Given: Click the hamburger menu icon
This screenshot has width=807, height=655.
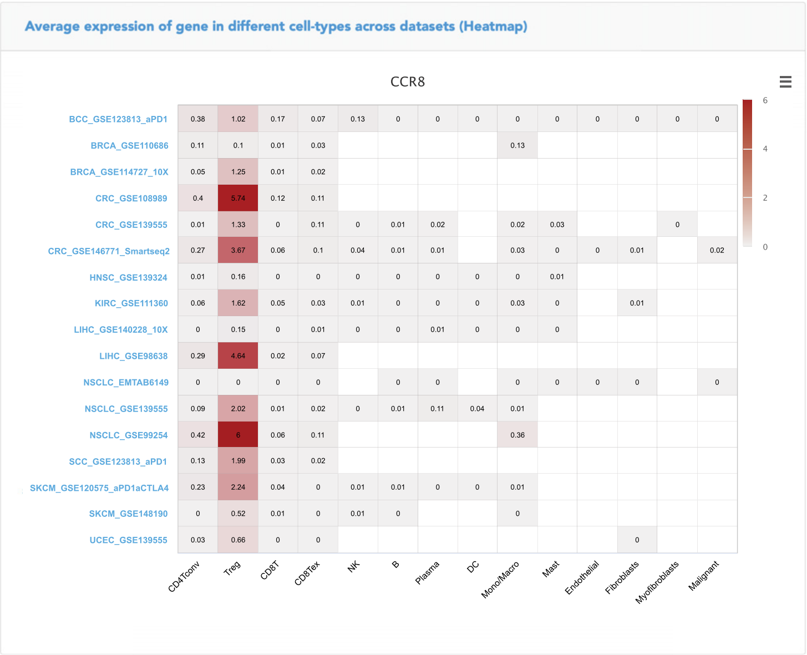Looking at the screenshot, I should [785, 82].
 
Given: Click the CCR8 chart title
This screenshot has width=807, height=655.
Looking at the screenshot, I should [408, 82].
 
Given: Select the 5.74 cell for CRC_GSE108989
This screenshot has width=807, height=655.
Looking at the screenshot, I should [238, 198].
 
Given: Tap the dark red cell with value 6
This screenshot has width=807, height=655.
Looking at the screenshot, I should [238, 435].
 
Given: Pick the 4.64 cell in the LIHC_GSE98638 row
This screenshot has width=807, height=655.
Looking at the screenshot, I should [238, 356].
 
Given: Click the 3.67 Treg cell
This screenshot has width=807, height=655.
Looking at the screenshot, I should [238, 250].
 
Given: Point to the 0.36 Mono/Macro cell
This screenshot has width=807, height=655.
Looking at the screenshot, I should [517, 435].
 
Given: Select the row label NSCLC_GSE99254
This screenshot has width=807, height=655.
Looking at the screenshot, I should [129, 435].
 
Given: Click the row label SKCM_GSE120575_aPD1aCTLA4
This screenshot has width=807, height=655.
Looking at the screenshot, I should [99, 488].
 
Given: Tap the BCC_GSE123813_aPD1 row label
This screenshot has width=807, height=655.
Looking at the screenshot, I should [118, 119].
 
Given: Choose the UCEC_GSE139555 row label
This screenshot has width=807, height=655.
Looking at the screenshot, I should [128, 540].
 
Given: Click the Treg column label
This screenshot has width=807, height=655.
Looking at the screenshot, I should [232, 568].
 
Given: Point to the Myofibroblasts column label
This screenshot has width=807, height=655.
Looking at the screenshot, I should [657, 582].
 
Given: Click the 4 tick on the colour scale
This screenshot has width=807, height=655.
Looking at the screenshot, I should [765, 149].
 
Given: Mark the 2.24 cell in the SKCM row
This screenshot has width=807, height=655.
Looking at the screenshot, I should [238, 487].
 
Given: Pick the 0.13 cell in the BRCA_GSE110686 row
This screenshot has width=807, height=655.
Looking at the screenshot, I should [517, 145].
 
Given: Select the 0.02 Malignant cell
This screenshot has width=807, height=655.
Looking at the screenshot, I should [717, 250].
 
